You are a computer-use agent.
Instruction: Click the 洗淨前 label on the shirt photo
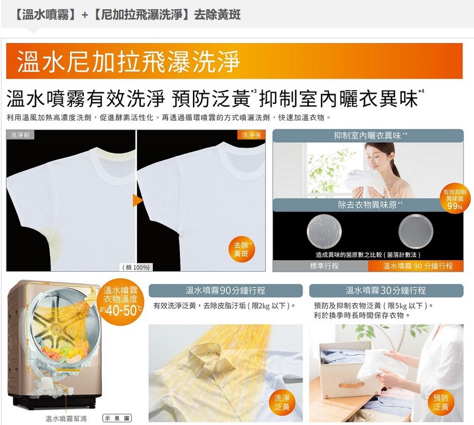point(20,135)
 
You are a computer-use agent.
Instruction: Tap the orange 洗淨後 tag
point(251,135)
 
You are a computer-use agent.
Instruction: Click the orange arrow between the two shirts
point(138,200)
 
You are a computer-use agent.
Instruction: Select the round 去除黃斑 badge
point(241,249)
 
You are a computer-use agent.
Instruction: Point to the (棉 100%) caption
point(136,267)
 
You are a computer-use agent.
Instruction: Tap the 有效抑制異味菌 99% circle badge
point(455,198)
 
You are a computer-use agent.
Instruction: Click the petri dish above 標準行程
point(324,231)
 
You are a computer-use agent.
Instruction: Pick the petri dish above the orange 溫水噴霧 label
point(416,231)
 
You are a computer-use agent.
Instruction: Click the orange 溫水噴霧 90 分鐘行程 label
point(416,266)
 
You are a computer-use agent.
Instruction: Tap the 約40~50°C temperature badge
point(121,301)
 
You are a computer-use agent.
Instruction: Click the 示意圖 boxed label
point(117,418)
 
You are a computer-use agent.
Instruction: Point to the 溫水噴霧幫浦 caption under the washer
point(66,419)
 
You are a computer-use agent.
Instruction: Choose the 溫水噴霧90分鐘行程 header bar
point(225,291)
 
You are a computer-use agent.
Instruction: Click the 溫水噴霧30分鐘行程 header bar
point(386,291)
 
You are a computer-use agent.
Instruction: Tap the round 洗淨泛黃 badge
point(282,403)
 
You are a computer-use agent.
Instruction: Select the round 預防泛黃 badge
point(441,402)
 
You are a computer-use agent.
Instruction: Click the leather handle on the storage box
point(351,385)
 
